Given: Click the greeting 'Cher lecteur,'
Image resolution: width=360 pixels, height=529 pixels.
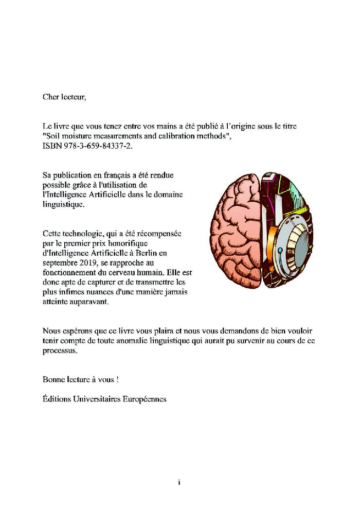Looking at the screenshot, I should (64, 96).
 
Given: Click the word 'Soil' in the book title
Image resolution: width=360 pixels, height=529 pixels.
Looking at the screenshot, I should (53, 136).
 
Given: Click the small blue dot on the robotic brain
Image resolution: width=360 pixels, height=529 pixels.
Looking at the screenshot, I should (280, 250).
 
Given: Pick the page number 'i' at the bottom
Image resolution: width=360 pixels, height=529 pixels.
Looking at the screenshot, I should (179, 482).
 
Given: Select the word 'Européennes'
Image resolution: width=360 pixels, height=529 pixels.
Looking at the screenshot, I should (145, 399).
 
